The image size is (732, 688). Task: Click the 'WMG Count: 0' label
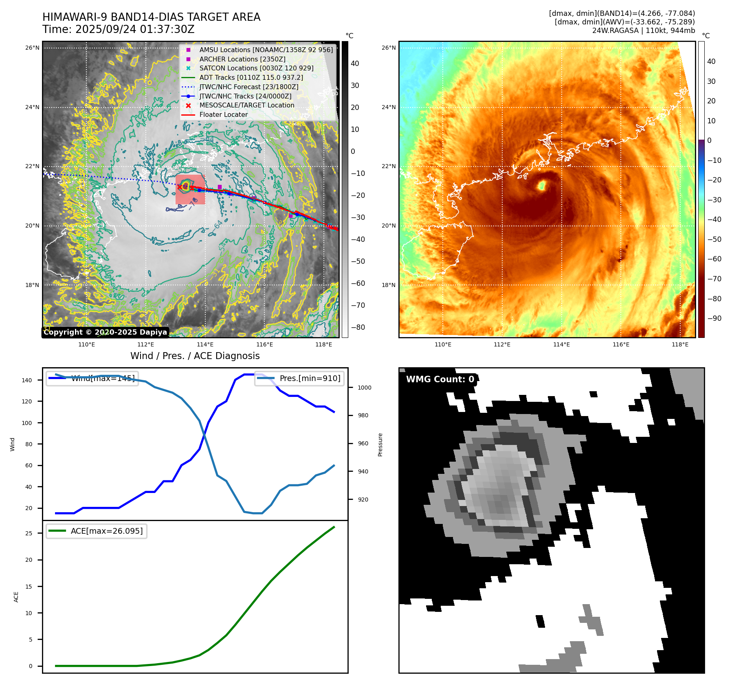[x=440, y=379]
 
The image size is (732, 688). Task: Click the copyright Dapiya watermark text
[x=105, y=332]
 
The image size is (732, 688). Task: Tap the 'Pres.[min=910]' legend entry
[x=310, y=378]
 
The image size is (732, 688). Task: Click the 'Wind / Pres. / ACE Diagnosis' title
[x=195, y=356]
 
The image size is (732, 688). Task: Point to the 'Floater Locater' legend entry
[x=223, y=115]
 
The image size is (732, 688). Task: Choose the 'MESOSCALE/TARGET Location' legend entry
[x=246, y=105]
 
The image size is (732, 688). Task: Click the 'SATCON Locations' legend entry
[x=256, y=68]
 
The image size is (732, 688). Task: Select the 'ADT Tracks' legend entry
[x=251, y=78]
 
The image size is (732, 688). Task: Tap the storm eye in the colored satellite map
[x=542, y=186]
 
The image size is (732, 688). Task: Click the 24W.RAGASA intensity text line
[x=643, y=31]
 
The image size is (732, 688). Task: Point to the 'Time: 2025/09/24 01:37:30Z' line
[x=118, y=30]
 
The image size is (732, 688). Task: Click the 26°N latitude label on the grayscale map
[x=33, y=48]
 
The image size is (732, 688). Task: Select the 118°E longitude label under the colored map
[x=680, y=345]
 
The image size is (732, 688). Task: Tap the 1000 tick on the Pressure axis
[x=364, y=388]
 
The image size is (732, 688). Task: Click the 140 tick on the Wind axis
[x=27, y=380]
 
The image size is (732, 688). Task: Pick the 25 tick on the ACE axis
[x=29, y=533]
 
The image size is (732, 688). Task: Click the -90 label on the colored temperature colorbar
[x=714, y=318]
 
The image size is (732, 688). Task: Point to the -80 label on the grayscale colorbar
[x=358, y=327]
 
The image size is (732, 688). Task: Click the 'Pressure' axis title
[x=380, y=445]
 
